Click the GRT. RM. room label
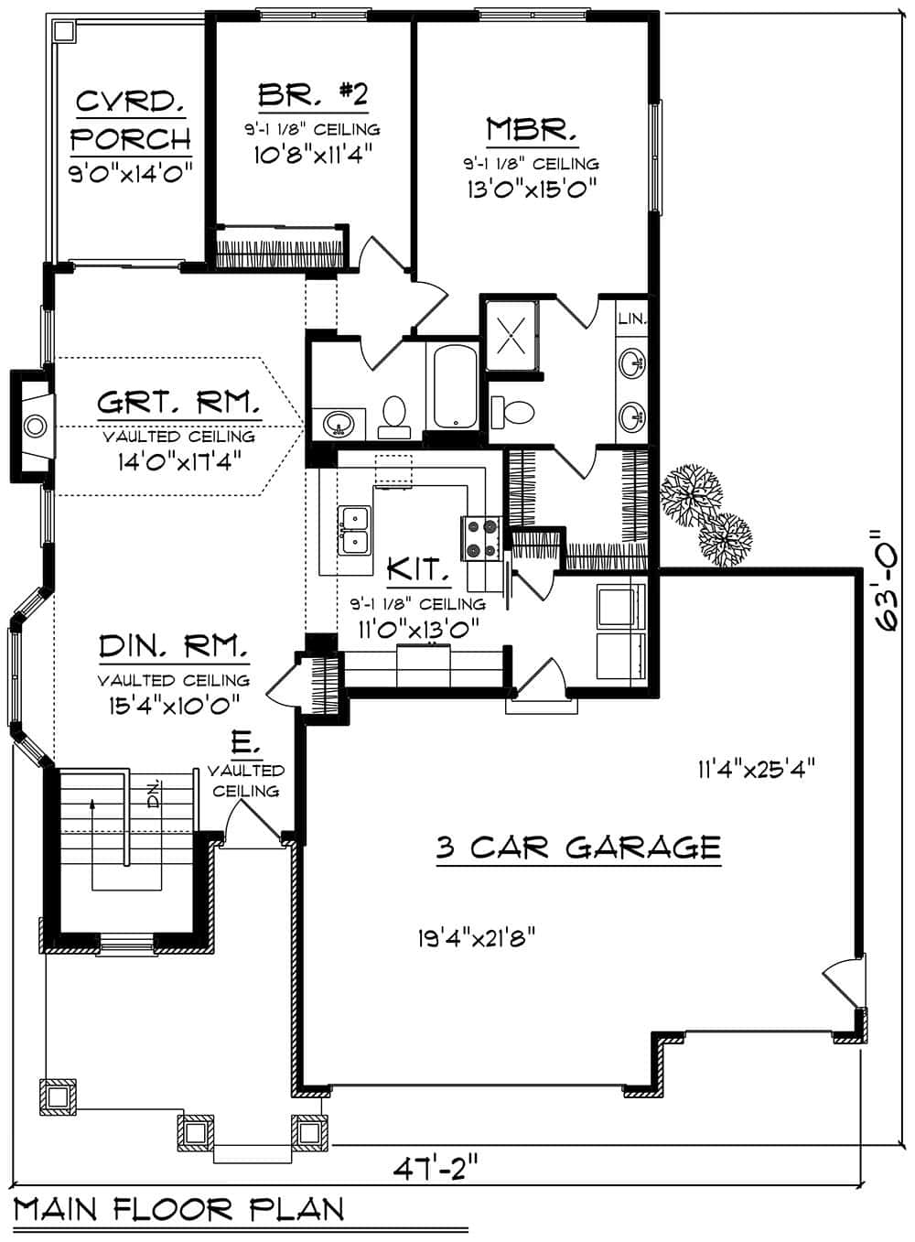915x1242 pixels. pos(179,403)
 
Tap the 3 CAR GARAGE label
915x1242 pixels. pos(577,848)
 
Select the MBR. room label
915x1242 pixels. pos(531,129)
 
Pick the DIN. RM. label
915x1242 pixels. pos(174,647)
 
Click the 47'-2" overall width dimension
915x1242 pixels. pos(436,1169)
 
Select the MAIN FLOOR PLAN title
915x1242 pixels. pos(179,1210)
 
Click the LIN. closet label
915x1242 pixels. pos(632,319)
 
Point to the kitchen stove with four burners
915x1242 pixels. pos(480,538)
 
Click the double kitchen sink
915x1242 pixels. pos(354,531)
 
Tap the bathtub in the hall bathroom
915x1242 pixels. pos(455,386)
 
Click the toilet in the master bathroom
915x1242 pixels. pos(513,410)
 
